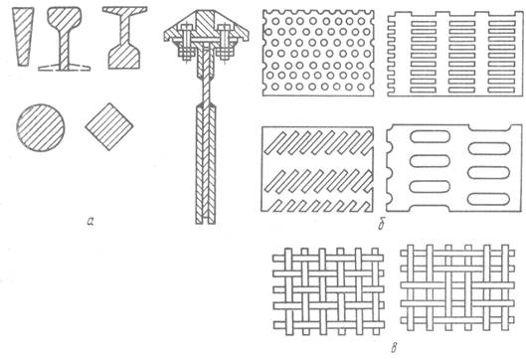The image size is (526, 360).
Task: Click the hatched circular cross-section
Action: pos(40,128)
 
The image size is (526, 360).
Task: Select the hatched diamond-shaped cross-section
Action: pos(109,126)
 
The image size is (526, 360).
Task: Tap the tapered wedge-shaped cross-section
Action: pos(23,36)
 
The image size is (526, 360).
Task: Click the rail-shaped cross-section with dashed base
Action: pos(64,39)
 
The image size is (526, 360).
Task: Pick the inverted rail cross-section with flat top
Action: pos(124,38)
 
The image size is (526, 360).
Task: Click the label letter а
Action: pos(89,221)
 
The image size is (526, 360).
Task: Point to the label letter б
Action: pos(382,225)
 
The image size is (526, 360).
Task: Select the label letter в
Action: pos(394,349)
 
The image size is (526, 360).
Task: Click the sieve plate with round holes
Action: pos(318,53)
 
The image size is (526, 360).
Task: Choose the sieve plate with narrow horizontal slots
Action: pos(455,54)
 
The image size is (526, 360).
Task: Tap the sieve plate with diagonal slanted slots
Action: pos(317,169)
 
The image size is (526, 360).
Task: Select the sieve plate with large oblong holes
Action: pos(453,168)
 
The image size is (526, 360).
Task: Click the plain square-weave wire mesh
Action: pos(328,291)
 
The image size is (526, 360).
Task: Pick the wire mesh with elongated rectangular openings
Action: pos(457,287)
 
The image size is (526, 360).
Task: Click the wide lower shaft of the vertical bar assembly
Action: pos(206,164)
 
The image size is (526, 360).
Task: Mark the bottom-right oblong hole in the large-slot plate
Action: pos(489,199)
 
